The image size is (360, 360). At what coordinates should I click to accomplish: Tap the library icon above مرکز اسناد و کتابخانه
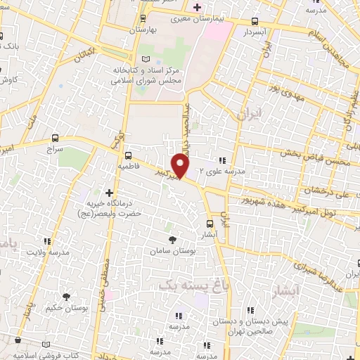(146, 59)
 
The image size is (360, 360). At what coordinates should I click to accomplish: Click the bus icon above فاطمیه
(128, 155)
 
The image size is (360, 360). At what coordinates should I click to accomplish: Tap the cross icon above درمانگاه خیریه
(109, 192)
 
